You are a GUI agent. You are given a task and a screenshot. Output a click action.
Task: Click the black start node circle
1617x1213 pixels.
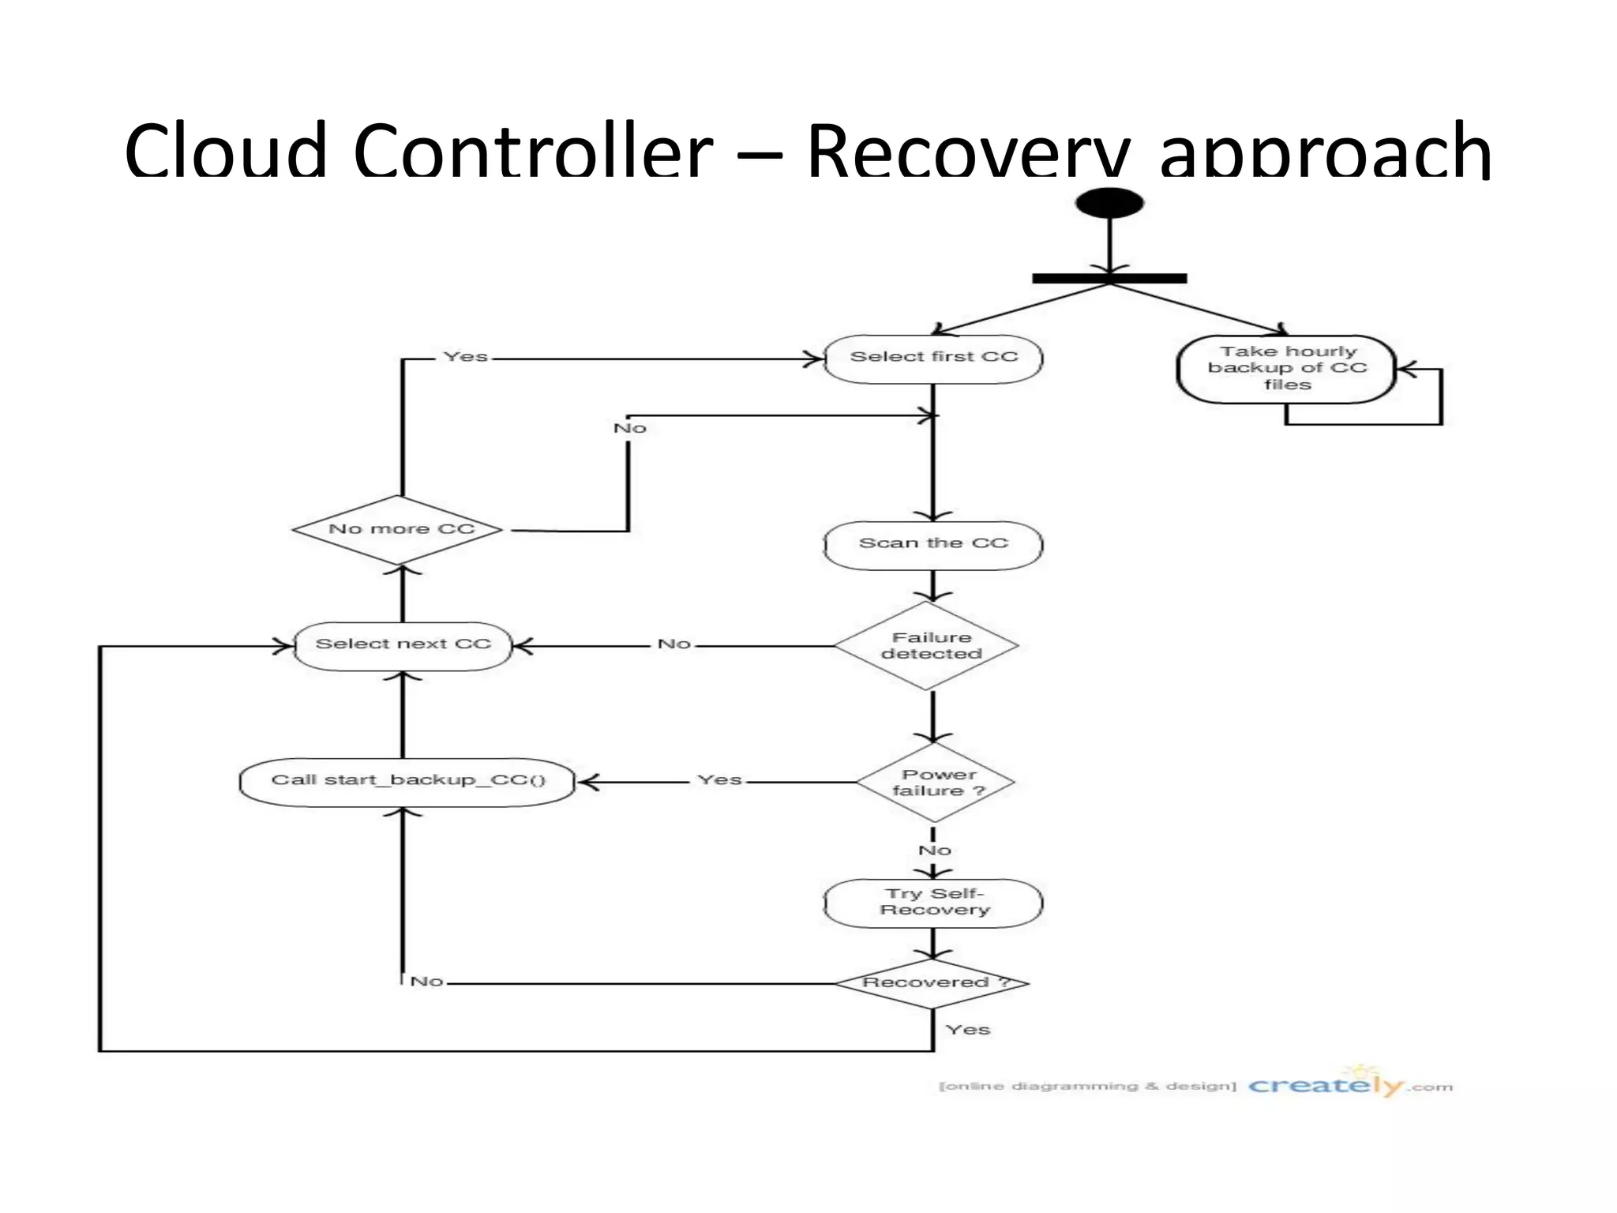(x=1109, y=203)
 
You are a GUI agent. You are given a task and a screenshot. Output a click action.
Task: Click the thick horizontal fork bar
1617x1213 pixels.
(x=1109, y=278)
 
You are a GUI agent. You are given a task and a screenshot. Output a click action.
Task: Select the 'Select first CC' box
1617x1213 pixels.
(x=933, y=359)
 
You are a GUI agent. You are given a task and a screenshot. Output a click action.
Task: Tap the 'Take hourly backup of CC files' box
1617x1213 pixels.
(x=1286, y=369)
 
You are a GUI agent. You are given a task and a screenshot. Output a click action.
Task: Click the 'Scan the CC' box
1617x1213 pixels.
(x=933, y=544)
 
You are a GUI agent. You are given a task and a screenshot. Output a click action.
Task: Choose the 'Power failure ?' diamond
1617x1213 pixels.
(x=936, y=783)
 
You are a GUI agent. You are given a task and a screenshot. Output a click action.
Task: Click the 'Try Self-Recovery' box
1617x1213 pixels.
(x=933, y=902)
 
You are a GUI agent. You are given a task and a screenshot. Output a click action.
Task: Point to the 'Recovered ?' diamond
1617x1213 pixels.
(x=932, y=982)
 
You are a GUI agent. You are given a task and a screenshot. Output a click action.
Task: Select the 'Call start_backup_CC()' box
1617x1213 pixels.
(x=407, y=781)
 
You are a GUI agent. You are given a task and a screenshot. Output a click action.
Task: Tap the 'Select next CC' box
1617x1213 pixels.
(x=403, y=645)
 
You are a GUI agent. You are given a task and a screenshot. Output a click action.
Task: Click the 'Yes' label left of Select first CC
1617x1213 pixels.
(x=465, y=357)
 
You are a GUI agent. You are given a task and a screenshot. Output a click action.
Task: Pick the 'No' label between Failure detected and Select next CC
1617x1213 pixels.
(x=673, y=644)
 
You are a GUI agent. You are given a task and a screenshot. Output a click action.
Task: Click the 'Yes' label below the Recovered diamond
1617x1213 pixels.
(x=967, y=1030)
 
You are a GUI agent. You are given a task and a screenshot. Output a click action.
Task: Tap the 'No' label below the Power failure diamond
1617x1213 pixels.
(x=934, y=851)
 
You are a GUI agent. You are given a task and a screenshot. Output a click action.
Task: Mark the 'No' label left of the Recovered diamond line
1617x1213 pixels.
(x=426, y=982)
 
